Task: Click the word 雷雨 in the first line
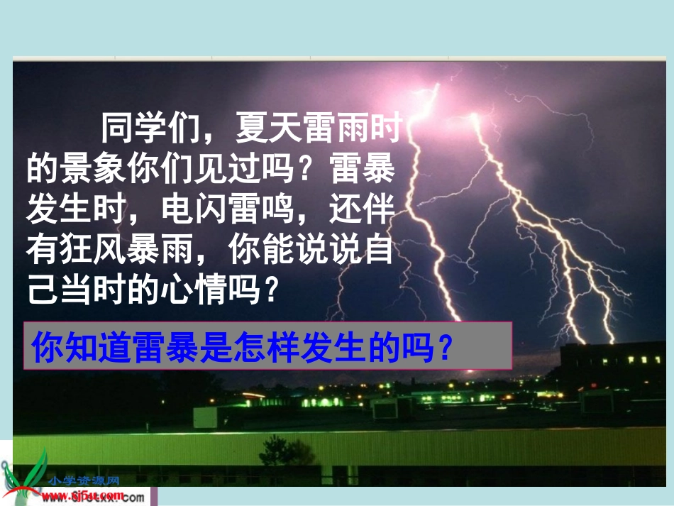click(x=335, y=129)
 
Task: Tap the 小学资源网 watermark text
click(x=84, y=480)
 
